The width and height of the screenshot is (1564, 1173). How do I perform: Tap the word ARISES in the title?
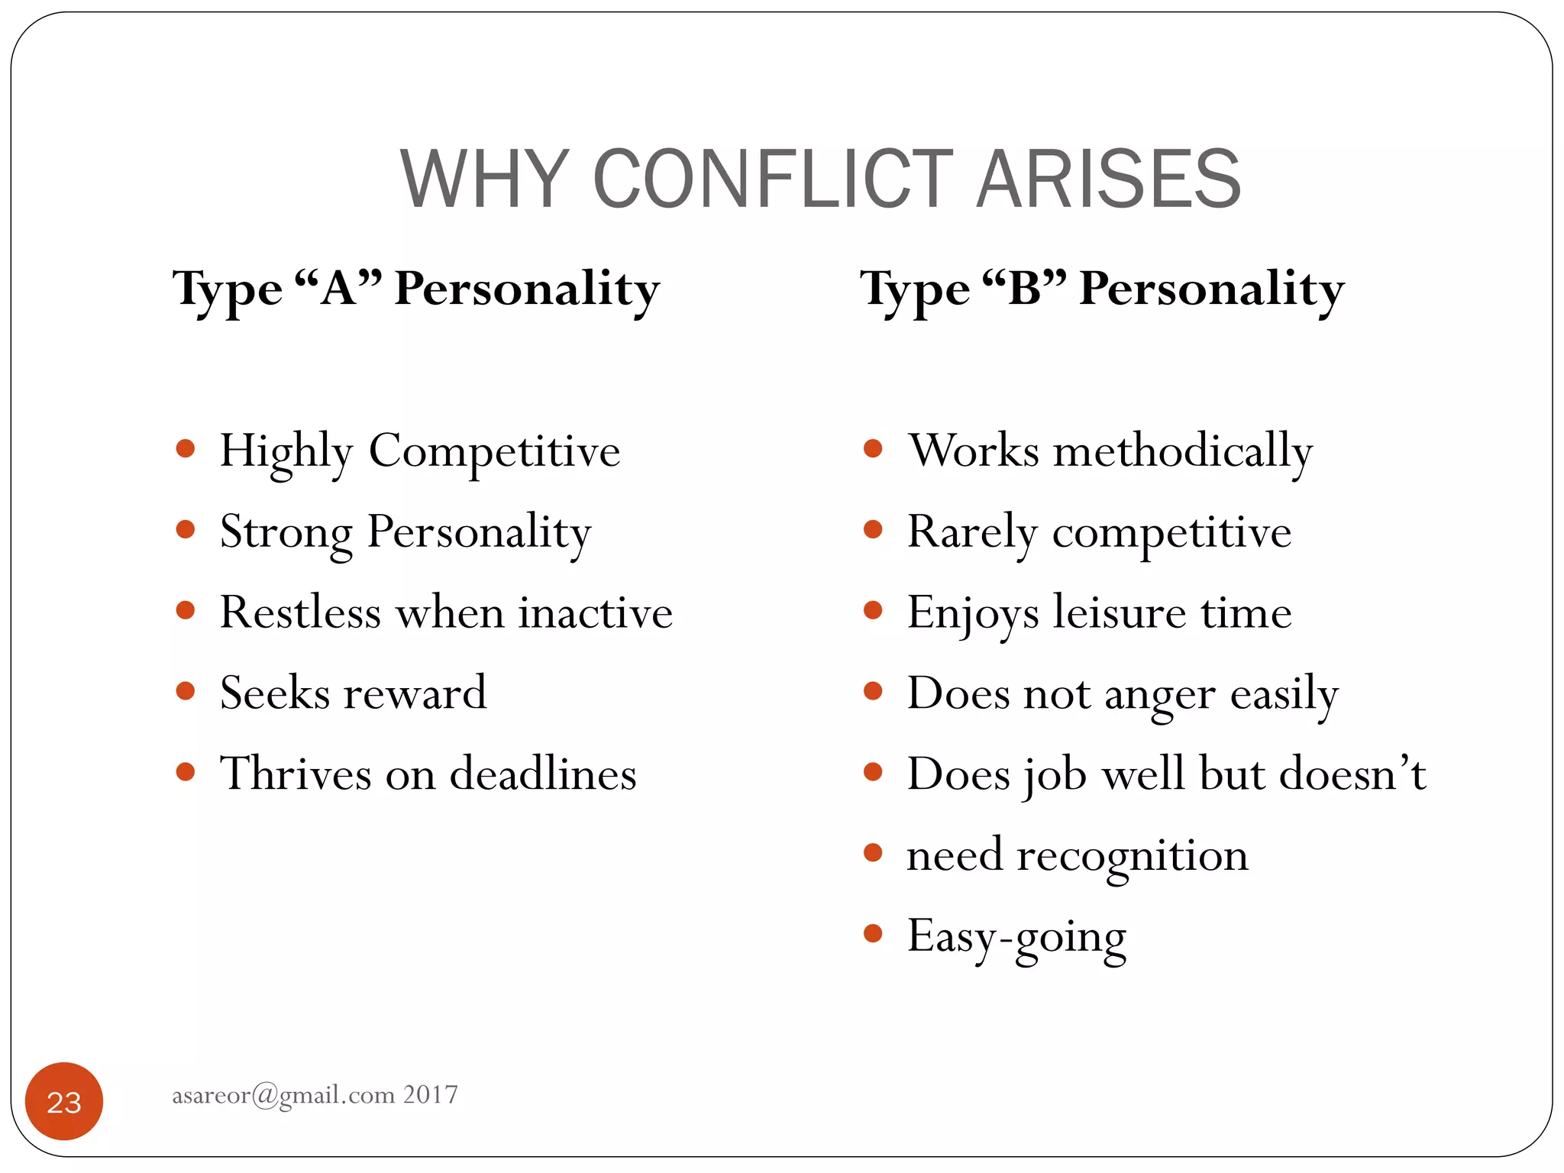(x=1109, y=179)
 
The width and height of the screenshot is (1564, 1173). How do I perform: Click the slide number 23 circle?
(x=64, y=1101)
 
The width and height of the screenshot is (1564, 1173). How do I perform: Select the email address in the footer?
(x=283, y=1095)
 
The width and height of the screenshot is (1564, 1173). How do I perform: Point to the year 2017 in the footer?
(x=431, y=1095)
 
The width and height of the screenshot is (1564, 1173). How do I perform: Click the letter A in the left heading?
(x=338, y=289)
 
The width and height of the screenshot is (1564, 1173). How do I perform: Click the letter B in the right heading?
(x=1025, y=289)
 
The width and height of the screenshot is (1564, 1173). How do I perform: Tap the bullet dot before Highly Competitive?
(x=186, y=448)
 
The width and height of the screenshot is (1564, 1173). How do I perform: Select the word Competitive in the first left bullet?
(x=494, y=451)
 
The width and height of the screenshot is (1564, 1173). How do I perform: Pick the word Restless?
(x=300, y=612)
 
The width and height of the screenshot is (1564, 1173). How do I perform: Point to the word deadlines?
(x=543, y=774)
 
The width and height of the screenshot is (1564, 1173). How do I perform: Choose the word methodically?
(x=1183, y=451)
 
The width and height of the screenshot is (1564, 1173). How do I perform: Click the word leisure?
(x=1120, y=612)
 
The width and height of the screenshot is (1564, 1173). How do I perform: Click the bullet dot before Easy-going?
(x=873, y=933)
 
